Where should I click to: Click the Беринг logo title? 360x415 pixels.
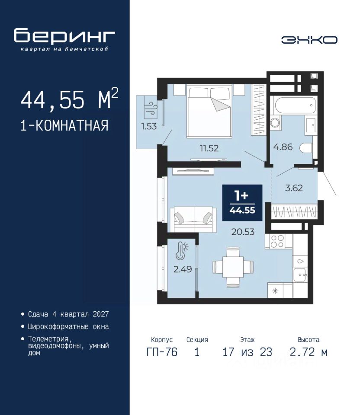pyautogui.click(x=64, y=36)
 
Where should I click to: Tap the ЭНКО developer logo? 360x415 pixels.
pyautogui.click(x=309, y=40)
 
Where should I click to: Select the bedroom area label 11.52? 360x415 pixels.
pyautogui.click(x=209, y=148)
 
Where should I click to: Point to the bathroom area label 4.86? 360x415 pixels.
pyautogui.click(x=283, y=147)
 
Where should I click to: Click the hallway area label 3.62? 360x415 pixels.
pyautogui.click(x=294, y=188)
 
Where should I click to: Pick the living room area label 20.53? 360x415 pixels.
pyautogui.click(x=243, y=232)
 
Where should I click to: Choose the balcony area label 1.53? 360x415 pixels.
pyautogui.click(x=149, y=126)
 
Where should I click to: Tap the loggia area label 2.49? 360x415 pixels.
pyautogui.click(x=183, y=269)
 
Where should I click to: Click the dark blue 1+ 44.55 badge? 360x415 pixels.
pyautogui.click(x=242, y=203)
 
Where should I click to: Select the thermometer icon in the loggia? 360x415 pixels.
pyautogui.click(x=181, y=250)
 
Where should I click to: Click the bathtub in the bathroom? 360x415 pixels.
pyautogui.click(x=296, y=105)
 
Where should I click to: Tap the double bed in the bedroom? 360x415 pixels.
pyautogui.click(x=209, y=111)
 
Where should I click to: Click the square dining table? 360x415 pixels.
pyautogui.click(x=233, y=267)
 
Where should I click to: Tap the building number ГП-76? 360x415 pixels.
pyautogui.click(x=162, y=352)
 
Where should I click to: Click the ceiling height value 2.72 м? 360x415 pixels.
pyautogui.click(x=309, y=352)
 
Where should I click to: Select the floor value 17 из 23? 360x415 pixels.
pyautogui.click(x=247, y=352)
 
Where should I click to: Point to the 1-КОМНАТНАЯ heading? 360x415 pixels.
pyautogui.click(x=64, y=125)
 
